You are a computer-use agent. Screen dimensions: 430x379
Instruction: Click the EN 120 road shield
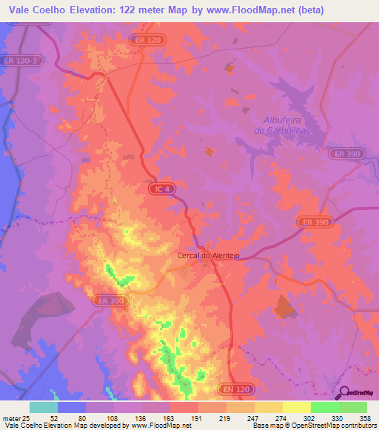pyautogui.click(x=235, y=387)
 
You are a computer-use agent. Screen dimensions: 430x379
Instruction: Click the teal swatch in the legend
pyautogui.click(x=44, y=407)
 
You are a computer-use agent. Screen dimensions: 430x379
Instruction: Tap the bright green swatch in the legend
pyautogui.click(x=324, y=407)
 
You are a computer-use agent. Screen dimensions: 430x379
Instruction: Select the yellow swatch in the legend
pyautogui.click(x=296, y=407)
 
